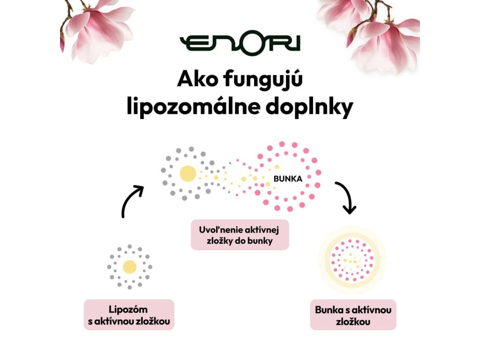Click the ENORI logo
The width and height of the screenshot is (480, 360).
click(x=240, y=44)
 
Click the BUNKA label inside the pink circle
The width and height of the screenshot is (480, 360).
click(x=288, y=179)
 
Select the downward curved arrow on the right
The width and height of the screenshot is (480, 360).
click(x=345, y=197)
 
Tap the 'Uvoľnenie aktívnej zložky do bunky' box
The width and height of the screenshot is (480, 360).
click(x=240, y=234)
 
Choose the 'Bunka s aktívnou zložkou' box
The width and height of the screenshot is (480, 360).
click(x=353, y=315)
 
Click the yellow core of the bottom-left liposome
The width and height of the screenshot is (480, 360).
click(x=129, y=267)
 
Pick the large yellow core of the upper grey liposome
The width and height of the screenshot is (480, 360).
click(x=187, y=173)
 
